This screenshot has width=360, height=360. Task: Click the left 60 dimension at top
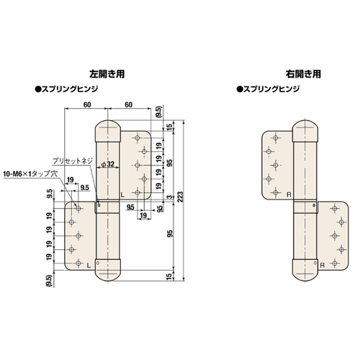86,104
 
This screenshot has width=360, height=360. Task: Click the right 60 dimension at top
129,104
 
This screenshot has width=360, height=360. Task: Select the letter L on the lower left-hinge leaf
88,266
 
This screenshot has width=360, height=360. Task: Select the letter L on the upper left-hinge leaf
123,194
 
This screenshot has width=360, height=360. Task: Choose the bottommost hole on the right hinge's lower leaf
337,261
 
